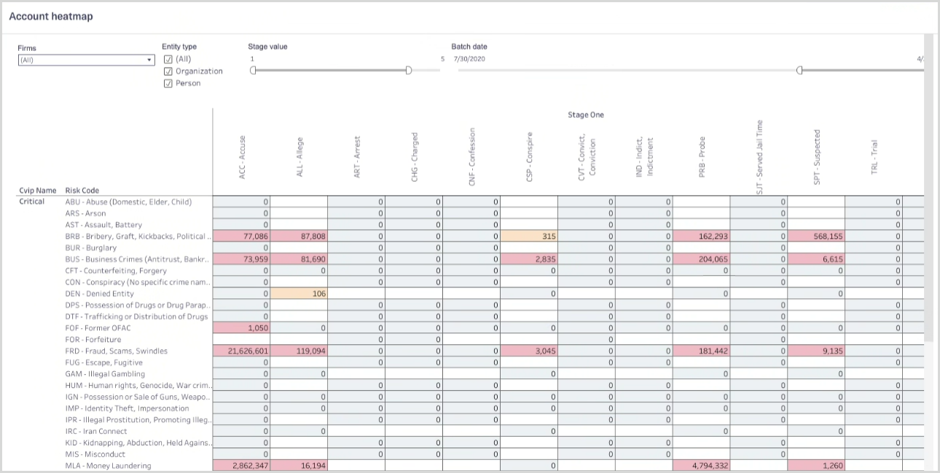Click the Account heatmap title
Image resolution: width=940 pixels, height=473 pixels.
coord(51,16)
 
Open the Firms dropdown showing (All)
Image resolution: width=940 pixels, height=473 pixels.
coord(86,60)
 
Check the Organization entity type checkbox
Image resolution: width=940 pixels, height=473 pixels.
coord(168,71)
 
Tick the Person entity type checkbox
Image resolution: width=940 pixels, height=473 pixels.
coord(168,84)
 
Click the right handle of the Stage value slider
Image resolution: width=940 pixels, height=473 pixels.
coord(409,71)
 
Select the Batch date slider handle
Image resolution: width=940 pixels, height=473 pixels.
coord(799,71)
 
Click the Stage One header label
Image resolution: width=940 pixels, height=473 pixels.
coord(586,115)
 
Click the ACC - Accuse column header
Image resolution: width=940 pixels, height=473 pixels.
coord(242,158)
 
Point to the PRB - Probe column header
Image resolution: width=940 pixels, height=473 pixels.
coord(702,158)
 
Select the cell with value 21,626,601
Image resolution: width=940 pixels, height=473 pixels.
coord(241,351)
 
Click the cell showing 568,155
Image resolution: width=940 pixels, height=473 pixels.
coord(817,236)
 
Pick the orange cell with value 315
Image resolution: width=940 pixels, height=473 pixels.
coord(529,236)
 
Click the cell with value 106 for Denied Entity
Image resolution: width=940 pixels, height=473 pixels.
coord(299,293)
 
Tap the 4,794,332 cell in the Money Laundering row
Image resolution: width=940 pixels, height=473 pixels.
coord(702,466)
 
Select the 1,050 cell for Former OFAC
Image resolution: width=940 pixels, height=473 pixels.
coord(241,328)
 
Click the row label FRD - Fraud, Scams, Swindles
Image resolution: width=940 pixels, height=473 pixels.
coord(116,351)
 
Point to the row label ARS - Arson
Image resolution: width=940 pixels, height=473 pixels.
coord(85,213)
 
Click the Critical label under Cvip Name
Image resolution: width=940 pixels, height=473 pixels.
coord(31,202)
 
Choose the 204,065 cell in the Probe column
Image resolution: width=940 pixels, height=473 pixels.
coord(702,259)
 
